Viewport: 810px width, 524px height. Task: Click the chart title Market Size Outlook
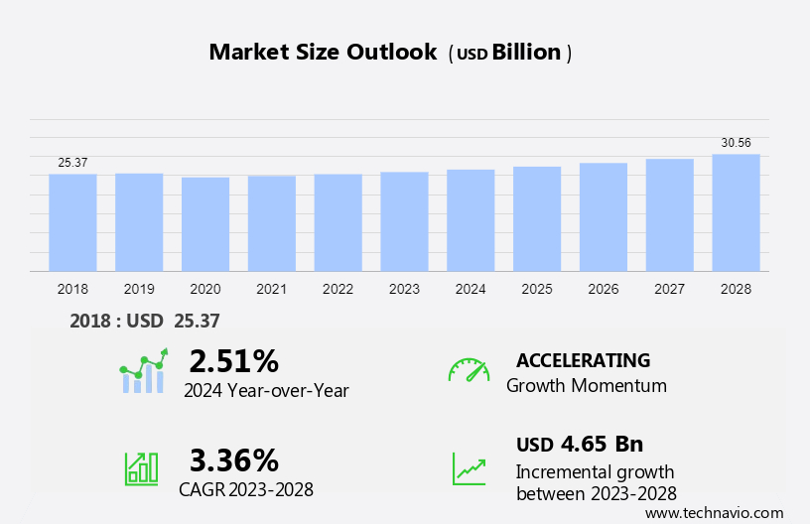pos(323,53)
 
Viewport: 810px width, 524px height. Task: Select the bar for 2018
pos(72,222)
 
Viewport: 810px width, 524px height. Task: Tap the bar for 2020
pos(205,224)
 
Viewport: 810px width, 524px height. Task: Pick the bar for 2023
pos(404,221)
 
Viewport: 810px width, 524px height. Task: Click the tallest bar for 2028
pos(736,212)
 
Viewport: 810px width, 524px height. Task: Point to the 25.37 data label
pos(72,163)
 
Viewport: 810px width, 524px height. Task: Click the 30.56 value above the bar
pos(736,143)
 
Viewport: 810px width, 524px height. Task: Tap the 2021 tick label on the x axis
pos(271,290)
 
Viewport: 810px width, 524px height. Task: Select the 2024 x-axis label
pos(471,290)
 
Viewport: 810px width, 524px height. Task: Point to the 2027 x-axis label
pos(670,290)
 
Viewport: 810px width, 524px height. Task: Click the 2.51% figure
pos(233,359)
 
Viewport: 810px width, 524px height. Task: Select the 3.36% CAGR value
pos(233,459)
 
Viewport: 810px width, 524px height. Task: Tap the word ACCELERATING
pos(583,360)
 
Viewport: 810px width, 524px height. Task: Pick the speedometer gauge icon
pos(469,369)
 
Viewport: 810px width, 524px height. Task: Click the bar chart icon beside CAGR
pos(141,468)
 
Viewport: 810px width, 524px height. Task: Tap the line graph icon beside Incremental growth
pos(469,468)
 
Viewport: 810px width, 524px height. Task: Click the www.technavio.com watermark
pos(714,513)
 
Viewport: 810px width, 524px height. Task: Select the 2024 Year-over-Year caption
pos(266,391)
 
